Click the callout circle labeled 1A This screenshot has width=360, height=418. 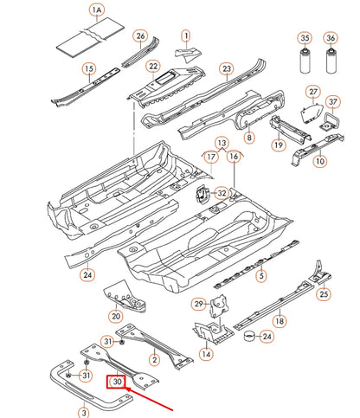tap(98, 10)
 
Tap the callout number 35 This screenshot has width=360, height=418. tap(304, 38)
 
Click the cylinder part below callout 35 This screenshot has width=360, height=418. tap(304, 68)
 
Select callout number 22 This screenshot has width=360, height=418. tap(153, 67)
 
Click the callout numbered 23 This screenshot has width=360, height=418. tap(227, 69)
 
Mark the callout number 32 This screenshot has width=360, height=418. tap(222, 193)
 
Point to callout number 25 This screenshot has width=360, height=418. tap(324, 295)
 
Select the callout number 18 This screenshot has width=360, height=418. tap(280, 320)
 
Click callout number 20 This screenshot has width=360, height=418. tap(115, 317)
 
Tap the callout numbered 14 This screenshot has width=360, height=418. tap(205, 354)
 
